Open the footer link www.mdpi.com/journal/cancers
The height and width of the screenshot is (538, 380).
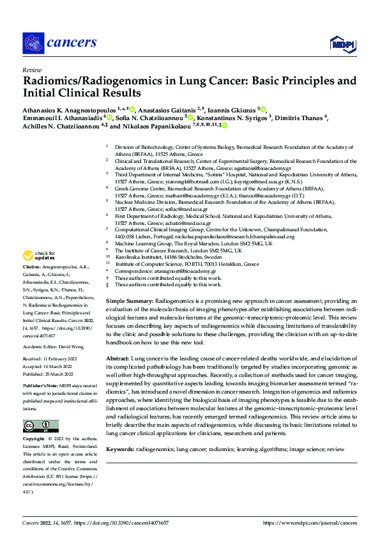pos(310,523)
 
